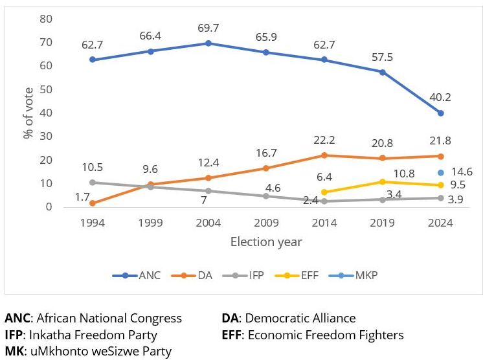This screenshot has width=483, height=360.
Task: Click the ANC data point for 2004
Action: [208, 43]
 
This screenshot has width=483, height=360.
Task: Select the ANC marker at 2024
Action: [441, 113]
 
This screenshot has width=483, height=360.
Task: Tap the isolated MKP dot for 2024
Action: [441, 173]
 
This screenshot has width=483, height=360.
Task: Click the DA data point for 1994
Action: [93, 203]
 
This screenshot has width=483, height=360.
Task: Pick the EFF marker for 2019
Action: [383, 182]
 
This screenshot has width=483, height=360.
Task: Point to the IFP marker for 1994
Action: [93, 183]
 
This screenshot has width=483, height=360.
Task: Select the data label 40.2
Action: [441, 98]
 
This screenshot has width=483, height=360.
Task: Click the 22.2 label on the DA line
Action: [324, 141]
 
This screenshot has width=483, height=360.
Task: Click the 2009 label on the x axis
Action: [267, 223]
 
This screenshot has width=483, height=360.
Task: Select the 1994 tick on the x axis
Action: [93, 223]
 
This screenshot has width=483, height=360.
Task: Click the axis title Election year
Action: [266, 242]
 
